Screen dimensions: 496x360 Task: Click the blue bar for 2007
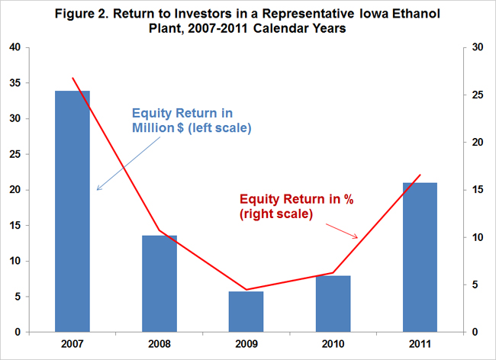click(x=72, y=211)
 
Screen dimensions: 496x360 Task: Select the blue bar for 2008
click(x=159, y=284)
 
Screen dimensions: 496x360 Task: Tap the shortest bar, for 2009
click(x=246, y=312)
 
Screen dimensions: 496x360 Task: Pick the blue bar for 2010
click(x=333, y=304)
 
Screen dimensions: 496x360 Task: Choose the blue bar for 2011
click(x=420, y=257)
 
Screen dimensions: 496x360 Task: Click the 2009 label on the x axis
click(x=246, y=344)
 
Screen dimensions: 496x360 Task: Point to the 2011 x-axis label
click(x=420, y=344)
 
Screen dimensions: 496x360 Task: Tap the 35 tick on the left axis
click(x=15, y=83)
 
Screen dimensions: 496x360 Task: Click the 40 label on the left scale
click(x=15, y=47)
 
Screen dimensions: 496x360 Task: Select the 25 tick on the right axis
click(x=478, y=95)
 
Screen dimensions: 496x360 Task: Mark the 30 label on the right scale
click(x=478, y=47)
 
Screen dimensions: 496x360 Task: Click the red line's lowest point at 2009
click(x=246, y=289)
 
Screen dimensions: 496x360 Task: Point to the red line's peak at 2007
click(x=72, y=78)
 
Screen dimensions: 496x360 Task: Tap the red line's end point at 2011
click(x=420, y=175)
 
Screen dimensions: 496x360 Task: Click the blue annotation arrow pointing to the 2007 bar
click(x=129, y=164)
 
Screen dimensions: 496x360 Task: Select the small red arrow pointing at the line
click(x=342, y=231)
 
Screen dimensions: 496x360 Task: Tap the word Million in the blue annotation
click(x=153, y=127)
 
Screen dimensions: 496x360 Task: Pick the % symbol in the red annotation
click(x=349, y=199)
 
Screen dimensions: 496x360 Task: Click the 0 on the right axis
click(x=475, y=333)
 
